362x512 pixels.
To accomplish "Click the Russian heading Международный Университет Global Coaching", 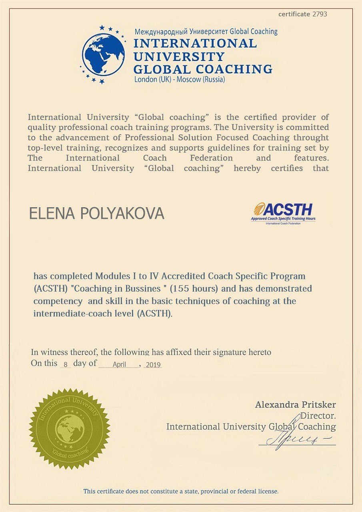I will (x=206, y=31).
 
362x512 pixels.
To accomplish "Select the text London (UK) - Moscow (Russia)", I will (x=180, y=79).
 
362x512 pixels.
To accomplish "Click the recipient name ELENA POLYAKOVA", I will (x=97, y=214).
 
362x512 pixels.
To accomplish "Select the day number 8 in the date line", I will (x=65, y=364).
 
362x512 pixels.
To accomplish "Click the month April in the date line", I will (x=119, y=364).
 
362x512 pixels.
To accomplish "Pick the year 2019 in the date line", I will (x=153, y=364).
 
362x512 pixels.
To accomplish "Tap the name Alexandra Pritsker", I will (x=295, y=405).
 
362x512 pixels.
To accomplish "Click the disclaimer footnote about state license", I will (x=181, y=491).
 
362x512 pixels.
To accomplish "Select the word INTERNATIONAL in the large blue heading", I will (x=195, y=43).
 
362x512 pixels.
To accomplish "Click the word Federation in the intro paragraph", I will (x=211, y=158).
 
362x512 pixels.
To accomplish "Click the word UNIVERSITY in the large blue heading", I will (x=179, y=56).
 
